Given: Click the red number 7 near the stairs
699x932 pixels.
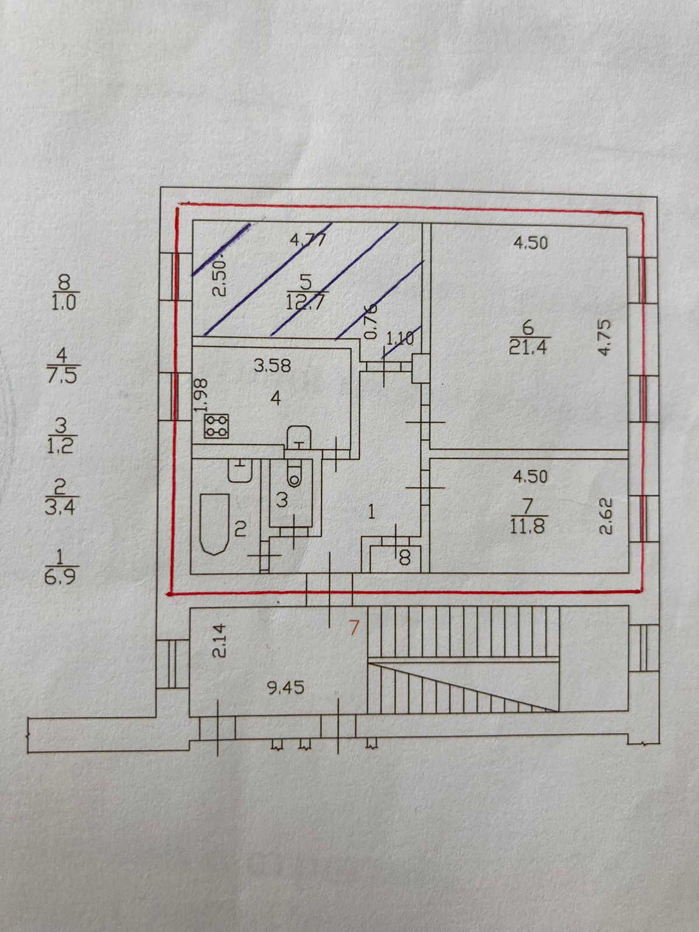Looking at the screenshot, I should point(353,627).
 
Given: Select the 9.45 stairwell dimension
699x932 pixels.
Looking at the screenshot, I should point(285,688).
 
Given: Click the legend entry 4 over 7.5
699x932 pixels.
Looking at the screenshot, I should point(64,366).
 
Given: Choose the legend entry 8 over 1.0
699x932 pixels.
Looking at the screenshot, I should point(64,293).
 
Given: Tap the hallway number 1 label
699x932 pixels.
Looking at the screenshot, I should point(371,512).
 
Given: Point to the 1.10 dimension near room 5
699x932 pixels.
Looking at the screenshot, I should point(399,337).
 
